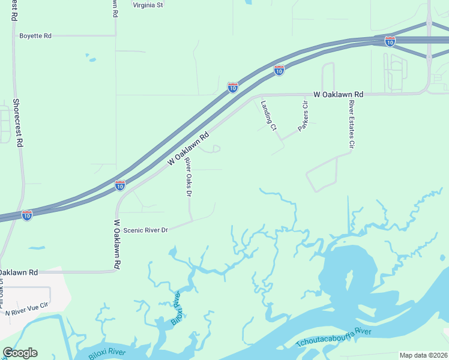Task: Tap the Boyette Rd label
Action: point(35,36)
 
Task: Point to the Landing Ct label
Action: point(268,115)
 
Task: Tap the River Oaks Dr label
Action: point(188,176)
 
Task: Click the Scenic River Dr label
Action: point(145,230)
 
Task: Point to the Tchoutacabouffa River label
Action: point(334,337)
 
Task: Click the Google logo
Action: point(20,353)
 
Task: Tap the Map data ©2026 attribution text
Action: point(423,355)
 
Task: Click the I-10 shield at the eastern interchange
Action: point(390,41)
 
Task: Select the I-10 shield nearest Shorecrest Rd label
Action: point(27,215)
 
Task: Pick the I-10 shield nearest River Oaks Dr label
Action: point(120,185)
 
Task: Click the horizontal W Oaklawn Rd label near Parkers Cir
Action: point(339,95)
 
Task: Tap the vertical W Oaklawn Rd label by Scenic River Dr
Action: point(117,244)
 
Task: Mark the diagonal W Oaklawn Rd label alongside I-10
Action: point(188,149)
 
